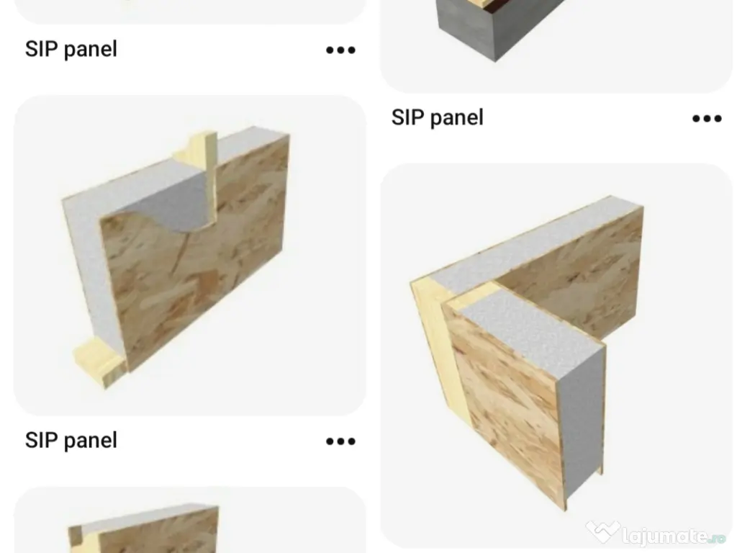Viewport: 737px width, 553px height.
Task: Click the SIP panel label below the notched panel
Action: [71, 440]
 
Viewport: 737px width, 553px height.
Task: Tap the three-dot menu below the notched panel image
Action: [340, 441]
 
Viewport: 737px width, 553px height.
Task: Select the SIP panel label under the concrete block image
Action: [437, 117]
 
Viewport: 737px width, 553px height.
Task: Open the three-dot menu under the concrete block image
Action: [706, 119]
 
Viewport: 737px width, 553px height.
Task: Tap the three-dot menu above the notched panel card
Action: [340, 50]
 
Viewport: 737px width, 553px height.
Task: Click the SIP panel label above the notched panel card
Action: [71, 49]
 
